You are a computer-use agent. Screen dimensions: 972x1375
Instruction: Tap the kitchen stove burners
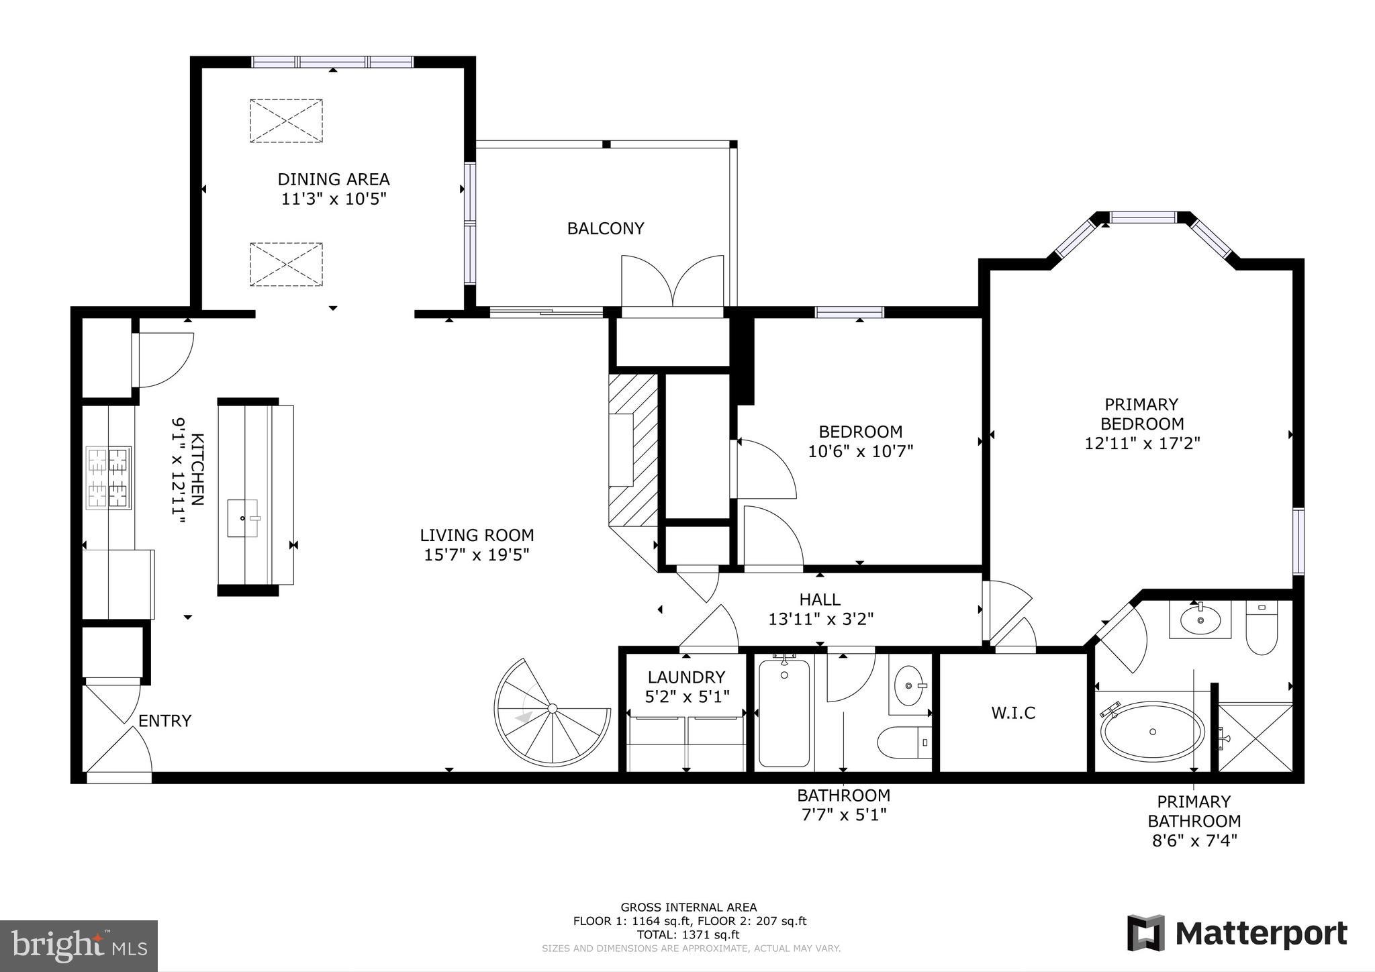coord(109,477)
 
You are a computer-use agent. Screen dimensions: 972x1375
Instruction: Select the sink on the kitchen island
coord(242,518)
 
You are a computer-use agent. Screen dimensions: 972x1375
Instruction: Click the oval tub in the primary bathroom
coord(1152,732)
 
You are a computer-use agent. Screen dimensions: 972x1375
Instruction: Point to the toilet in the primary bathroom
coord(1261,628)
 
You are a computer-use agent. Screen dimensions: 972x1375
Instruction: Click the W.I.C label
coord(1012,713)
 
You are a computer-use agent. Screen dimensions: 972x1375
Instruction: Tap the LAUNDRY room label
coord(686,677)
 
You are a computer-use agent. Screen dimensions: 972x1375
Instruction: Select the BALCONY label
coord(606,229)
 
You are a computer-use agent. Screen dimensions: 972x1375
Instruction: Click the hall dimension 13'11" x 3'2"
coord(820,619)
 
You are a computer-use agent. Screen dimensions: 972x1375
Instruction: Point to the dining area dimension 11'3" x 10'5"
coord(334,199)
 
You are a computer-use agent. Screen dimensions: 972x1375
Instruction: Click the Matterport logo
coord(1237,933)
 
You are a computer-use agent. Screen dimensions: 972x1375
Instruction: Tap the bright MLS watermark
coord(79,946)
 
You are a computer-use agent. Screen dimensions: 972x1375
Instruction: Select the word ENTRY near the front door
coord(165,721)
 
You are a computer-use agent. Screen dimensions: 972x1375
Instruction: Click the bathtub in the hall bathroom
coord(784,714)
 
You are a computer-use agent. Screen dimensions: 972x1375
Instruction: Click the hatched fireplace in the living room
coord(632,450)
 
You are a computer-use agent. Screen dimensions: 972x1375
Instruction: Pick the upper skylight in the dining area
coord(287,121)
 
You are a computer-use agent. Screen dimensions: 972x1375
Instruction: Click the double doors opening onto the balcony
coord(673,285)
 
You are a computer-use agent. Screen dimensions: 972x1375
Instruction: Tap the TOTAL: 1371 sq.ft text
coord(688,934)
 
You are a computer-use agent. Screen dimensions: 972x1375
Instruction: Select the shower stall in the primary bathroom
coord(1254,737)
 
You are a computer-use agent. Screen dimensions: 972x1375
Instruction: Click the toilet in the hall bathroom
coord(904,742)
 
